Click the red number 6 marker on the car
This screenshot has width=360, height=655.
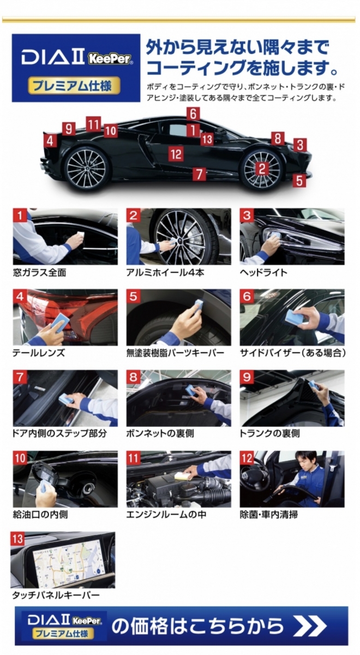coord(194,114)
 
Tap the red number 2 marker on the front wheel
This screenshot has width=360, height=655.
coord(262,169)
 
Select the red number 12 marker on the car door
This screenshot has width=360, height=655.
coord(176,153)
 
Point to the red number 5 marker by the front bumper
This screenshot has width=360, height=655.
coord(299,180)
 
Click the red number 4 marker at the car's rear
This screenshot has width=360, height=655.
coord(50,141)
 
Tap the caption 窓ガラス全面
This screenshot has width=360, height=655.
coord(39,272)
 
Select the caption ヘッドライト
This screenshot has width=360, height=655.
coord(263,272)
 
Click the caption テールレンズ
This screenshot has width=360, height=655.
coord(38,353)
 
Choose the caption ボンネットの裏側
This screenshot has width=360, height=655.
coord(160,433)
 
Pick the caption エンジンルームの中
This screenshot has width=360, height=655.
coord(166,514)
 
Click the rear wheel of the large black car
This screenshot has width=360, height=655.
coord(87,169)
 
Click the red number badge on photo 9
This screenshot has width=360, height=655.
coord(247,377)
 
